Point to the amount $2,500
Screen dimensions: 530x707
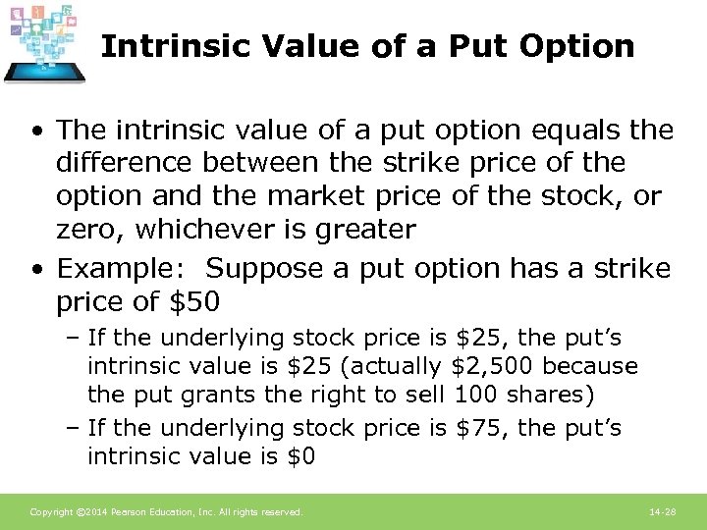pos(494,367)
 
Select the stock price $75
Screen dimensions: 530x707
pos(482,428)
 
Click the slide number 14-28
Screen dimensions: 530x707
pos(663,512)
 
